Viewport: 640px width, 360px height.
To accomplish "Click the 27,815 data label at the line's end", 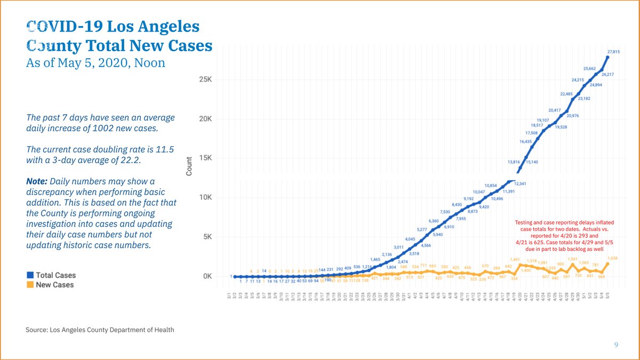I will [613, 52].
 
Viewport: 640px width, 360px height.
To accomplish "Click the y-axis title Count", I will [189, 166].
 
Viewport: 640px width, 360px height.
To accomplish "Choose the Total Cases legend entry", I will [52, 275].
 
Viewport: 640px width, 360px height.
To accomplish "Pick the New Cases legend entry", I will [51, 285].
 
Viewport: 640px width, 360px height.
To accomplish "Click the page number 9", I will [616, 345].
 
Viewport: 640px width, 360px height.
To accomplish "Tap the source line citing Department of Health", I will [100, 330].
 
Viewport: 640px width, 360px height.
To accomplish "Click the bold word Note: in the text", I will [37, 181].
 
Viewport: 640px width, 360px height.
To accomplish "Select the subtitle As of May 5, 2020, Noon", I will [95, 63].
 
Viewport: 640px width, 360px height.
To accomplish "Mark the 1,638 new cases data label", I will [612, 258].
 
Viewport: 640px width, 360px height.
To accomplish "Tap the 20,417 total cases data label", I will [555, 110].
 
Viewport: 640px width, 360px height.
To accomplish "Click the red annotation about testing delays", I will [564, 235].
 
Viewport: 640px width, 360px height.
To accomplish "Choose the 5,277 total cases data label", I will [421, 229].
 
